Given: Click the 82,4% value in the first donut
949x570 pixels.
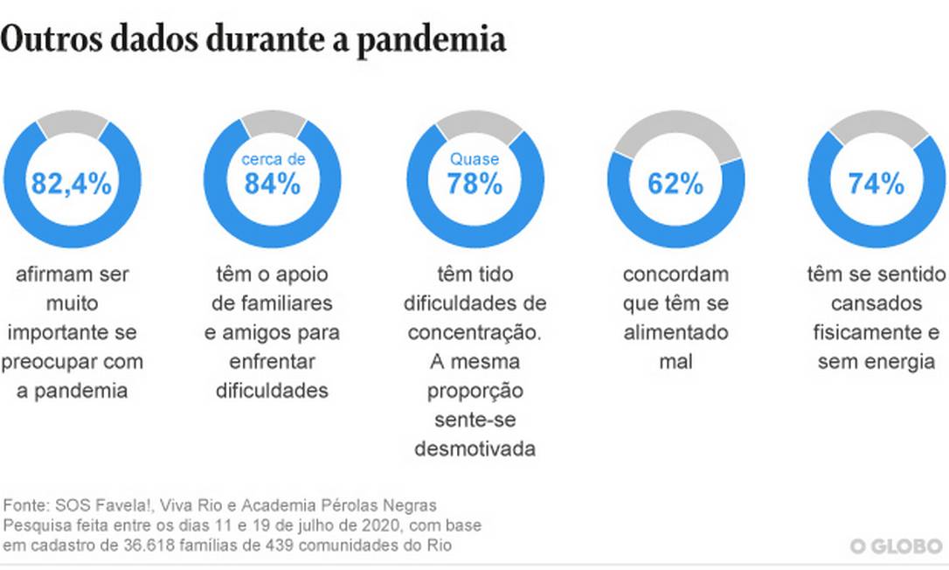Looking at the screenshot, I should click(x=73, y=184).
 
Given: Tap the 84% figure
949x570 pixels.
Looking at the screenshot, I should click(x=273, y=184).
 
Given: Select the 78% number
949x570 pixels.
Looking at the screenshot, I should click(x=474, y=184).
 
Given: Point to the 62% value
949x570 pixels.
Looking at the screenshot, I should click(x=675, y=184).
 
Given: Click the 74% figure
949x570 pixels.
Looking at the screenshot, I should click(x=876, y=184).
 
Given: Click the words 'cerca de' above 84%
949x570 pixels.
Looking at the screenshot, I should click(x=273, y=159).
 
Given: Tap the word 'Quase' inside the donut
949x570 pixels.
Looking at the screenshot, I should click(x=474, y=159).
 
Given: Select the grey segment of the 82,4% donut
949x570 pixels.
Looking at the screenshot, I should click(x=73, y=126).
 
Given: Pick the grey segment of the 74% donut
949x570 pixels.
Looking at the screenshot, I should click(x=876, y=128).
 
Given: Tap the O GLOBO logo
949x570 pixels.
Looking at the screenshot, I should click(x=897, y=546).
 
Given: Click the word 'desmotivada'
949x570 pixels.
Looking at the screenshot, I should click(x=474, y=448).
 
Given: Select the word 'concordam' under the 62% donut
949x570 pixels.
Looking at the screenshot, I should click(x=675, y=275).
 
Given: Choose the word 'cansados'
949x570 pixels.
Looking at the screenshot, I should click(x=876, y=303).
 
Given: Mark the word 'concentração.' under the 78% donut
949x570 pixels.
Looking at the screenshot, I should click(x=474, y=332).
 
